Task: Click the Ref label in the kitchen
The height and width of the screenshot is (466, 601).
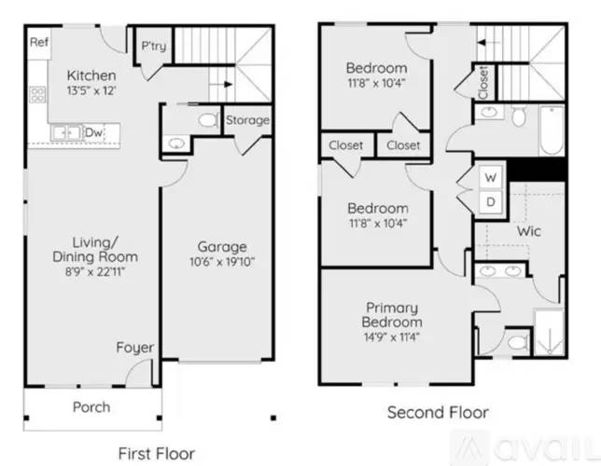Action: pyautogui.click(x=39, y=42)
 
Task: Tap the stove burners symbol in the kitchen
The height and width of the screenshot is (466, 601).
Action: pyautogui.click(x=37, y=94)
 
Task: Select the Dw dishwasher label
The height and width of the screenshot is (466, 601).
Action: pyautogui.click(x=93, y=132)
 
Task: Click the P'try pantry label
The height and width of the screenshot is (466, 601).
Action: pyautogui.click(x=154, y=46)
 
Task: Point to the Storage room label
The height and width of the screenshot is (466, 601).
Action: pyautogui.click(x=247, y=120)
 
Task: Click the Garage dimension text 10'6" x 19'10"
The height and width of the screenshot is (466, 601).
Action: pyautogui.click(x=222, y=262)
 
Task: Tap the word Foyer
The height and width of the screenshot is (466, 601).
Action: pyautogui.click(x=135, y=348)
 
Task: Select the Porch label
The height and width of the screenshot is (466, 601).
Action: pyautogui.click(x=91, y=407)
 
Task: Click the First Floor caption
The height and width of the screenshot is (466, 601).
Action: pyautogui.click(x=157, y=454)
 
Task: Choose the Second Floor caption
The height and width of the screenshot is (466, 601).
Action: pyautogui.click(x=438, y=412)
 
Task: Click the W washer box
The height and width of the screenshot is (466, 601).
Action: pyautogui.click(x=491, y=178)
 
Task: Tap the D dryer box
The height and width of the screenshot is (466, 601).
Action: pyautogui.click(x=491, y=202)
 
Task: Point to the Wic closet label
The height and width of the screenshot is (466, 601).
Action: pyautogui.click(x=528, y=231)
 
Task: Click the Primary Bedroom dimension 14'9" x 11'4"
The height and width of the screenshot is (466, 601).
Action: pyautogui.click(x=392, y=337)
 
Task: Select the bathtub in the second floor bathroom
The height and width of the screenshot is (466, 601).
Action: pyautogui.click(x=552, y=130)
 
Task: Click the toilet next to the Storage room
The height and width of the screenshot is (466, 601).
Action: pyautogui.click(x=208, y=120)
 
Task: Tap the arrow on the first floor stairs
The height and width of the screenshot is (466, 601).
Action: pyautogui.click(x=223, y=84)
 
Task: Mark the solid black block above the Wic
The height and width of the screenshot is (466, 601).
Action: pyautogui.click(x=537, y=170)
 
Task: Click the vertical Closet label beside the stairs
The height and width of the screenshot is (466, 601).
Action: pyautogui.click(x=483, y=82)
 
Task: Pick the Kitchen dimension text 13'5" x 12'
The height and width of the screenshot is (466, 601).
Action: pyautogui.click(x=91, y=90)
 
